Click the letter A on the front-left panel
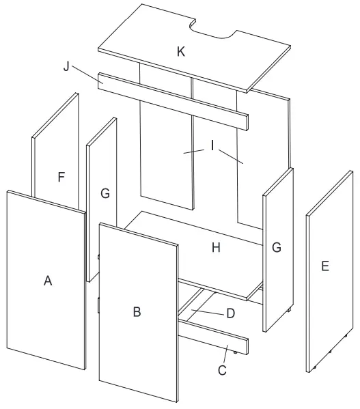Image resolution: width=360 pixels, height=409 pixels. tap(48, 280)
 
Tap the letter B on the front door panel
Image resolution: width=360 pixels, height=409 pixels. tap(137, 311)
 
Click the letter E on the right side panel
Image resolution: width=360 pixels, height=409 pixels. tap(324, 266)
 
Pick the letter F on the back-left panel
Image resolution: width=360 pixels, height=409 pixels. tap(61, 178)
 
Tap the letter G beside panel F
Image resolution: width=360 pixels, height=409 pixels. tap(105, 194)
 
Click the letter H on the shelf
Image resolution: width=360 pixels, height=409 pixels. tap(215, 248)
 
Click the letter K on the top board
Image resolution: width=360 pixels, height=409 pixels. tap(180, 53)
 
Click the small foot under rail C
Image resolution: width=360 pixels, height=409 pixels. tap(236, 353)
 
